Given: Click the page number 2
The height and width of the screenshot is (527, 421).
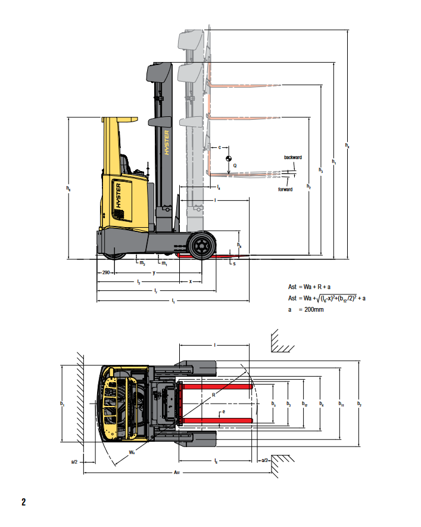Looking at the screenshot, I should [x=23, y=501].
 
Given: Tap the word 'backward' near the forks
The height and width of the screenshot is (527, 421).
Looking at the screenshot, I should [x=293, y=157].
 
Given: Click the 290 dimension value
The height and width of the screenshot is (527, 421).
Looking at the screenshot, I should [x=105, y=272].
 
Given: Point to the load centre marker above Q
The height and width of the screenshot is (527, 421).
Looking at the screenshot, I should [x=228, y=159].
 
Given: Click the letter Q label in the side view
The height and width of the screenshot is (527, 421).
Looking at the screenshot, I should [x=235, y=165].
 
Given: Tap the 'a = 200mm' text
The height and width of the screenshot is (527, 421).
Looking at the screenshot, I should [x=306, y=309].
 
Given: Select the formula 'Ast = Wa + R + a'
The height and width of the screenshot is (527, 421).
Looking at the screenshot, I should [x=310, y=287].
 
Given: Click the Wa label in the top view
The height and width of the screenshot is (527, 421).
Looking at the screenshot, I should [x=131, y=452].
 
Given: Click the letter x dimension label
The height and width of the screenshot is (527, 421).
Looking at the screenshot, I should [x=191, y=281].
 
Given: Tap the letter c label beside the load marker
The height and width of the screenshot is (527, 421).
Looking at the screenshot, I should [x=220, y=146].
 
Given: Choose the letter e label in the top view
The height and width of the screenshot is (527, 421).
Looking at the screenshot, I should [x=224, y=412].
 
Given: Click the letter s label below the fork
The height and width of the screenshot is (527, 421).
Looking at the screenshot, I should [x=234, y=263].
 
